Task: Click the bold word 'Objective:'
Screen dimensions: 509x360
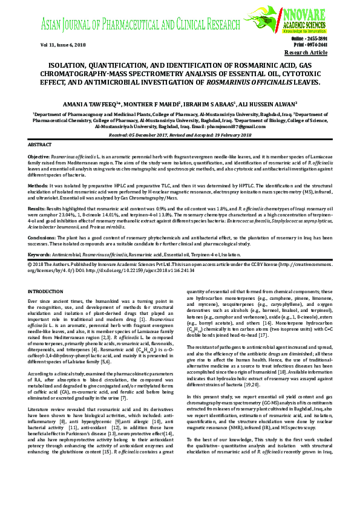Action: click(39, 156)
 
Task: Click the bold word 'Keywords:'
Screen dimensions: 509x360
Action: click(41, 256)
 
